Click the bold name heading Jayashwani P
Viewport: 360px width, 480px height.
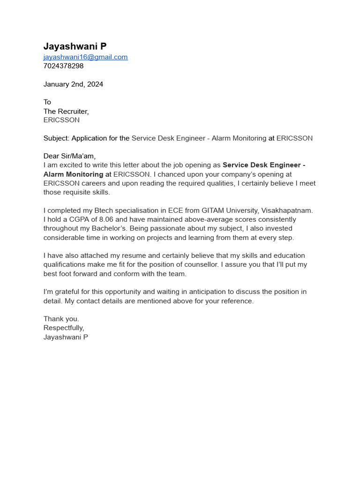tap(75, 46)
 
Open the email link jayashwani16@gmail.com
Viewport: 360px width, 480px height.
tap(85, 57)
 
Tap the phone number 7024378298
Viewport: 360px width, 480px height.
tap(63, 66)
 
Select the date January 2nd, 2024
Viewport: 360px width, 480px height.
tap(73, 84)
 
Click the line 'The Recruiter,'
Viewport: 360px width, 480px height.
tap(66, 112)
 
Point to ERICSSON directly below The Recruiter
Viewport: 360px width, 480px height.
tap(61, 120)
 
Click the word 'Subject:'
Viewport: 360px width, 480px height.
tap(56, 138)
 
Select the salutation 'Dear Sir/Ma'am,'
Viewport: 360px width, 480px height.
tap(69, 156)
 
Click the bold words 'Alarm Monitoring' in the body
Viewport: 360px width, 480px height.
tap(73, 174)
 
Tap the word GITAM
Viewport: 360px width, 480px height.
tap(212, 210)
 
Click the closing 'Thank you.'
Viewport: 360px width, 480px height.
tap(61, 319)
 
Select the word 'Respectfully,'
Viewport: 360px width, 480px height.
tap(64, 328)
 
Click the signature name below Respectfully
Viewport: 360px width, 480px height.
tap(66, 337)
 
